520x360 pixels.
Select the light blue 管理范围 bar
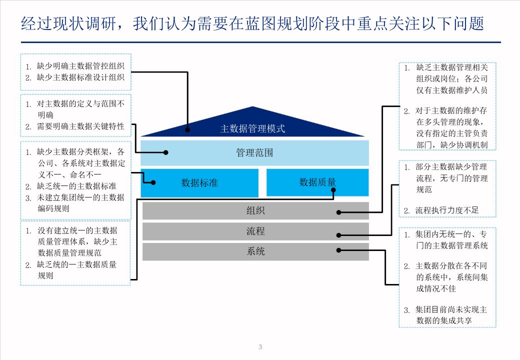(x=254, y=152)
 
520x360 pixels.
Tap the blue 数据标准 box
(x=199, y=182)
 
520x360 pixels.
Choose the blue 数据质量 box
(x=317, y=182)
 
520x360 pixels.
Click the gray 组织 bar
(x=255, y=210)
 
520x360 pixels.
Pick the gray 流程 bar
(x=255, y=231)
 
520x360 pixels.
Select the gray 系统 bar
(x=255, y=251)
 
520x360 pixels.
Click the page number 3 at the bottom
(x=260, y=347)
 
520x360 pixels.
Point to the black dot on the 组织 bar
(x=339, y=212)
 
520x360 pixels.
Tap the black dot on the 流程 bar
(x=339, y=235)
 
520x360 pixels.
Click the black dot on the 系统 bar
(x=339, y=250)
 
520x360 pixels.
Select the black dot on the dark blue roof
(x=187, y=129)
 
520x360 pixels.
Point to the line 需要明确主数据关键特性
(x=80, y=126)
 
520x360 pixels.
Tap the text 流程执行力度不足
(x=446, y=210)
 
